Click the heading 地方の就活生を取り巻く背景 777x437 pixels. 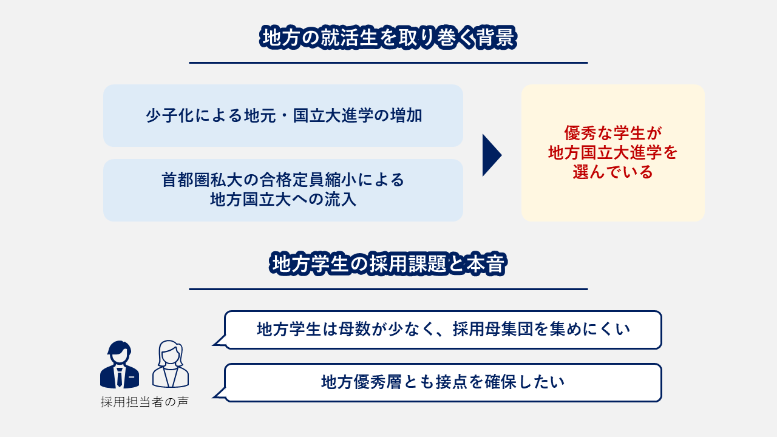point(388,38)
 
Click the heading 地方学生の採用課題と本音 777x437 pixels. point(388,265)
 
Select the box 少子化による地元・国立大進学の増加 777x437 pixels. point(283,115)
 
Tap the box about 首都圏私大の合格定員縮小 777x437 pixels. point(283,190)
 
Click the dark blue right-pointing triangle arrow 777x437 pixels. point(491,155)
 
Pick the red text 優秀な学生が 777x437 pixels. point(612,133)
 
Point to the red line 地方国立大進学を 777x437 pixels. point(612,152)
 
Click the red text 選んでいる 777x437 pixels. point(612,172)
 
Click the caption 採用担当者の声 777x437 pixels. point(144,402)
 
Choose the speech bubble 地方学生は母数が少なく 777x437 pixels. point(443,330)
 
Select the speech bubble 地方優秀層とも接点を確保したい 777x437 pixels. point(443,382)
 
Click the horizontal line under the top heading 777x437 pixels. point(388,63)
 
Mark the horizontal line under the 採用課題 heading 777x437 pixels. point(388,289)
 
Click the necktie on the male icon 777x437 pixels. point(120,377)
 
